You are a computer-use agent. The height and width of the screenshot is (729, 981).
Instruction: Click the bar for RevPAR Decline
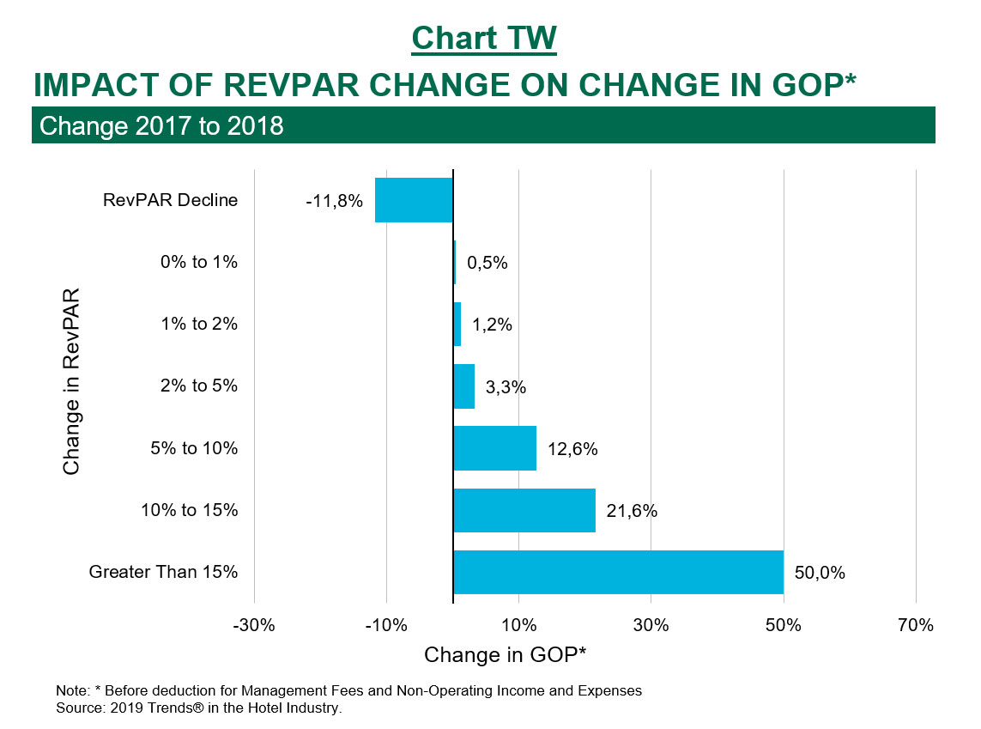(x=414, y=200)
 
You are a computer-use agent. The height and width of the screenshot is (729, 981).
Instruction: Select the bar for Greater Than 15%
(x=618, y=572)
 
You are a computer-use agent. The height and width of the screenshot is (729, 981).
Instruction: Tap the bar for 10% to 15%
(x=524, y=510)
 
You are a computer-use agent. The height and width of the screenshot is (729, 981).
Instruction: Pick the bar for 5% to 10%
(x=495, y=448)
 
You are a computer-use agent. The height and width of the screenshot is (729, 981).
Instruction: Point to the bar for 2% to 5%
(x=464, y=386)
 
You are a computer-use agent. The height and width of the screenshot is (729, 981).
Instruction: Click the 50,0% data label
(x=820, y=573)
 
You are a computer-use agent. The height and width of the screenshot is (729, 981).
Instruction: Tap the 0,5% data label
(x=487, y=263)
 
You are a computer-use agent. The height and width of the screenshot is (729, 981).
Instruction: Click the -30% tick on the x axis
(x=254, y=625)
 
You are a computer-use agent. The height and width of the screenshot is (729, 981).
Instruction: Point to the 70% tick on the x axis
(x=916, y=625)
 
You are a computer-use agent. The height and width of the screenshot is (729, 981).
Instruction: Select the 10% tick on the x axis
(x=518, y=625)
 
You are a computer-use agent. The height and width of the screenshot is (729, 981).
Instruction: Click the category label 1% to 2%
(x=199, y=325)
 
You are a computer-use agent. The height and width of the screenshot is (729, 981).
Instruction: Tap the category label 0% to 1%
(x=199, y=263)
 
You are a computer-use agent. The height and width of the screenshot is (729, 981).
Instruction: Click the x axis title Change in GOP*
(x=506, y=655)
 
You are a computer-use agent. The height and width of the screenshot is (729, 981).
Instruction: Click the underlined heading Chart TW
(x=484, y=39)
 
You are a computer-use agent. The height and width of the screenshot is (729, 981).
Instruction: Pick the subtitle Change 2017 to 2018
(x=161, y=126)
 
